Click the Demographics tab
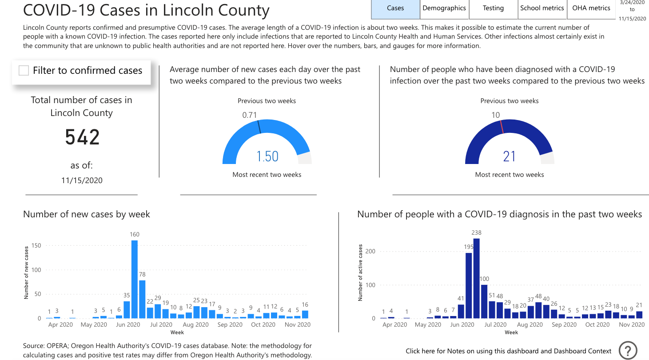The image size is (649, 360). (x=444, y=8)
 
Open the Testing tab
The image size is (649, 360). (x=494, y=8)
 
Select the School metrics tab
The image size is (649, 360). (x=542, y=8)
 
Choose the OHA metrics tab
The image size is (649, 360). (x=591, y=8)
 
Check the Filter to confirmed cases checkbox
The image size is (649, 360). (x=24, y=70)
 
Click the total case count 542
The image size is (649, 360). (x=82, y=137)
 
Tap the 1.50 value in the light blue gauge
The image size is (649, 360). (x=267, y=156)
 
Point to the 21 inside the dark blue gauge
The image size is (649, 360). (x=510, y=156)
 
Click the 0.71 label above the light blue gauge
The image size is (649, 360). (x=250, y=115)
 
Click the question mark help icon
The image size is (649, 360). (x=628, y=350)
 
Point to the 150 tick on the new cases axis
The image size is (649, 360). (x=36, y=245)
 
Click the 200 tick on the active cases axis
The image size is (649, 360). (x=370, y=252)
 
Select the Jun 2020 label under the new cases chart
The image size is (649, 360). (x=128, y=325)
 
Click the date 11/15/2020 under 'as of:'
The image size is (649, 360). (x=82, y=180)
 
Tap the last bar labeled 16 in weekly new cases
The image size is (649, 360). (x=305, y=314)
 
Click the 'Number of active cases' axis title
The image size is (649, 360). (x=360, y=272)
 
